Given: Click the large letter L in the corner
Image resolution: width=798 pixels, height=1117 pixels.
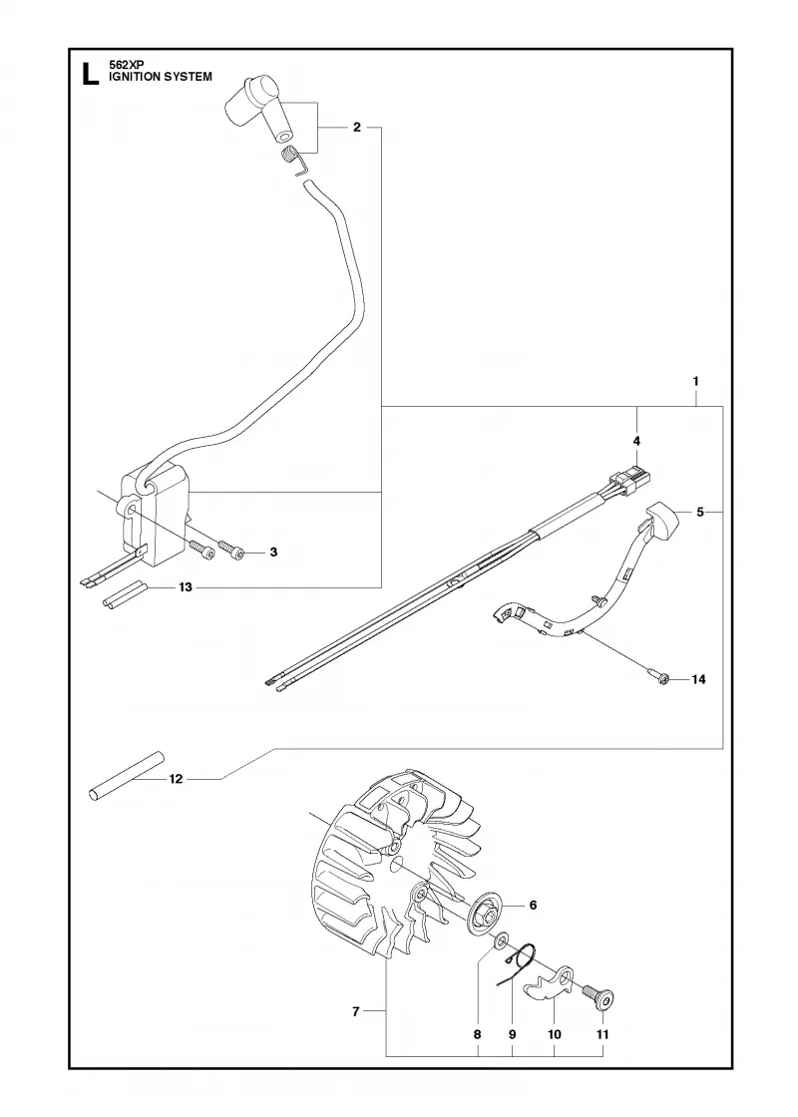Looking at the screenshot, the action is [x=90, y=74].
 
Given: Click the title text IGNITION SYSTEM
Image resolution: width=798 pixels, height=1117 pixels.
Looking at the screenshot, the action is [x=161, y=77].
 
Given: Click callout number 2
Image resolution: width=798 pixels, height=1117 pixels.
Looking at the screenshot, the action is [x=356, y=128].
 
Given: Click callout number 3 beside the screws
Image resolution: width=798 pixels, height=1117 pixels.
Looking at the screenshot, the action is [x=273, y=553].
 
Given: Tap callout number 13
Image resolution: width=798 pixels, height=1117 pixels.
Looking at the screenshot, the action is [x=186, y=587].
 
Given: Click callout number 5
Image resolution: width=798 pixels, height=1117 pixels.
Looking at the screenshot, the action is [x=699, y=513].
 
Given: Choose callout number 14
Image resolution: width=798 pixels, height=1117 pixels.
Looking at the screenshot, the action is [x=698, y=679].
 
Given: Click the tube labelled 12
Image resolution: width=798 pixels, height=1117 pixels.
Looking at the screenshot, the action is [x=126, y=775].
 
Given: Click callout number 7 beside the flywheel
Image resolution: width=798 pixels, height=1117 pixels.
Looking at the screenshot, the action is [x=356, y=1011].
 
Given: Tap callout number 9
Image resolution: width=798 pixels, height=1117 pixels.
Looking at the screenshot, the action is [x=512, y=1034].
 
